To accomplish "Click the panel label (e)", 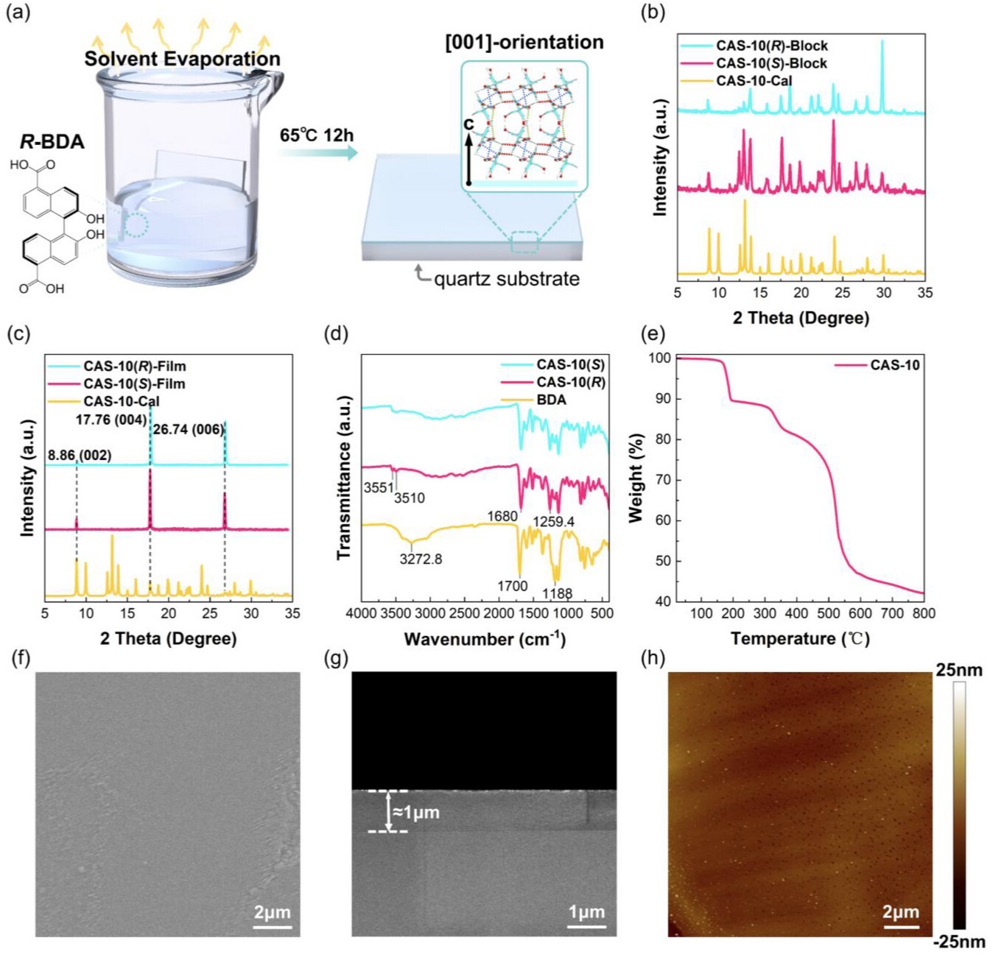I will [653, 333].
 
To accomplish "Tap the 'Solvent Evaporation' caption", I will [182, 59].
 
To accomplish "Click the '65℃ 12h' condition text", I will [316, 135].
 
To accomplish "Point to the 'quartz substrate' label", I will [506, 279].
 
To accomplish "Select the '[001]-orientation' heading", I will [524, 42].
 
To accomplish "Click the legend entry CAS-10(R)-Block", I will [771, 46].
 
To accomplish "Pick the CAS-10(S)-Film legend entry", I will [134, 384].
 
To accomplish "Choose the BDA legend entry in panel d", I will [552, 400].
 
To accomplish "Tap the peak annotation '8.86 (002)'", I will [80, 456].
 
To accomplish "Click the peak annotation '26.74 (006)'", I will [188, 429].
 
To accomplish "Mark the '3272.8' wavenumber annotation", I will [421, 559].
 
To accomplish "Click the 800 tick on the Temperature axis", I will [923, 613].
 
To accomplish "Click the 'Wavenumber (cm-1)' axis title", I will [485, 638].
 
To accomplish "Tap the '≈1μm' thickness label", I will [415, 813].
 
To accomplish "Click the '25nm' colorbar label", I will [958, 670].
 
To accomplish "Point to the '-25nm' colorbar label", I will [958, 941].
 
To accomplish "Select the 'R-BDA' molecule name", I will [52, 141].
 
